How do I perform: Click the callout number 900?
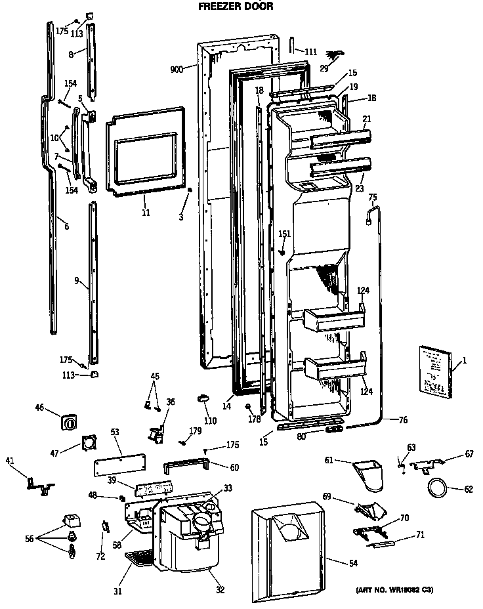[175, 68]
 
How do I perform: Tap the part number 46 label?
[39, 408]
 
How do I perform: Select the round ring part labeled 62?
[436, 488]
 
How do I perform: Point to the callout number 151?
[284, 234]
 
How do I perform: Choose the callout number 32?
[220, 589]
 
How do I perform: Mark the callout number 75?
[373, 197]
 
